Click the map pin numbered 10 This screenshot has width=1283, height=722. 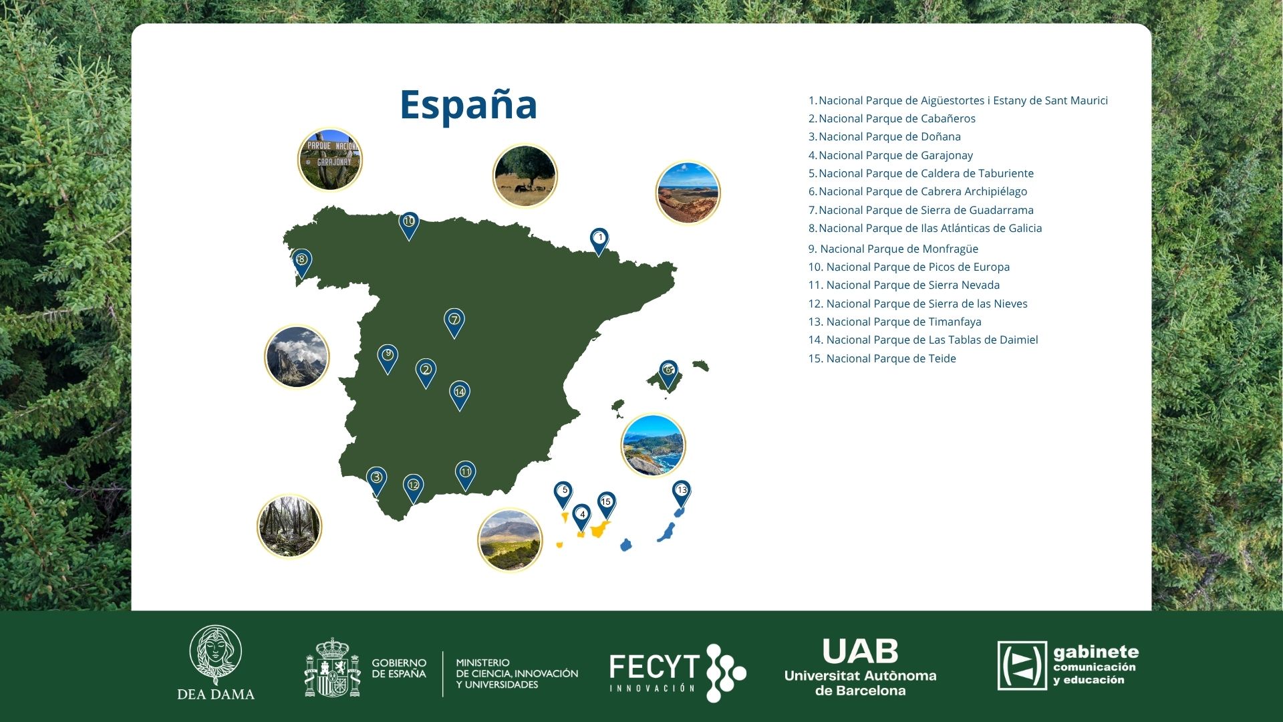[409, 225]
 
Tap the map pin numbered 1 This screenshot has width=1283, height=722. [599, 241]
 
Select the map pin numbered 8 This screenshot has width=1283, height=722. [302, 263]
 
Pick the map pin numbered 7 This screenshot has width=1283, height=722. [454, 323]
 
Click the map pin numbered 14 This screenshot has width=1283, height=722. [460, 395]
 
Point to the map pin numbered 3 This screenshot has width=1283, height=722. [377, 481]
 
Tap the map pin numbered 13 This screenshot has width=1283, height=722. [681, 493]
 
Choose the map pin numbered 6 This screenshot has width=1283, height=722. [668, 373]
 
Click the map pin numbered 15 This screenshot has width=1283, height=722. [606, 505]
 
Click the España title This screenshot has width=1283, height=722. [468, 104]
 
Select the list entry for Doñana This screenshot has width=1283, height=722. [885, 136]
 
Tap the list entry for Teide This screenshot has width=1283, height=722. [882, 358]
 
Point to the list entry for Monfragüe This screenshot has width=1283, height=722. [893, 249]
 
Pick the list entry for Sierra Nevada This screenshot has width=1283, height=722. [904, 285]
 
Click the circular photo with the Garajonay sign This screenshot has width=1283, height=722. [330, 160]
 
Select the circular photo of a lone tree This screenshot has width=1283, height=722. [525, 176]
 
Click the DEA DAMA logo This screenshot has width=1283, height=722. [216, 663]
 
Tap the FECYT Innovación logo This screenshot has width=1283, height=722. [678, 672]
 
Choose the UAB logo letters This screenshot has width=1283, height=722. [860, 651]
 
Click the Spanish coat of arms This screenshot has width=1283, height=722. [332, 668]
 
